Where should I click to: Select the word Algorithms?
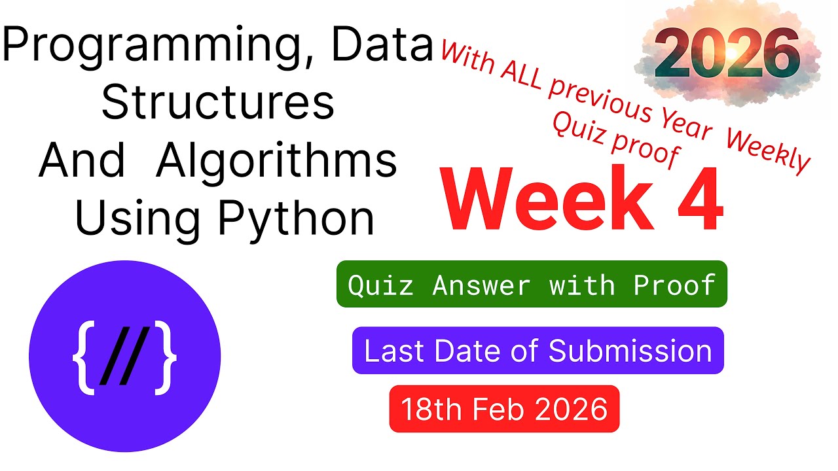(x=277, y=161)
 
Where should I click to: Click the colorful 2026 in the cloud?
(x=727, y=56)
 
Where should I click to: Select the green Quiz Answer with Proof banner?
(x=532, y=285)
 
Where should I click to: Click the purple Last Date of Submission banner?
(x=537, y=351)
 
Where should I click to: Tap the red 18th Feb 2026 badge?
(x=504, y=409)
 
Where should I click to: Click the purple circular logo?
(x=124, y=356)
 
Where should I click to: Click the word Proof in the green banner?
(x=674, y=285)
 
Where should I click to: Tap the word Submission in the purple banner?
(x=630, y=351)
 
